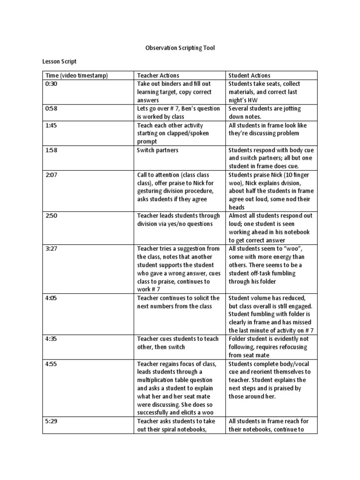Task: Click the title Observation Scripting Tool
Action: (180, 48)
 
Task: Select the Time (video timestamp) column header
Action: (77, 75)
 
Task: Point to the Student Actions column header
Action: (249, 75)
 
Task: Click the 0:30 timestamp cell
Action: (52, 83)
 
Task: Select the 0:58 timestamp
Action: (52, 109)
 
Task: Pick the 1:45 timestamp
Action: (52, 125)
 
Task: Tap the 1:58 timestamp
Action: (52, 150)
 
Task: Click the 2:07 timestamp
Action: (52, 175)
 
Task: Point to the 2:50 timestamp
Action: (52, 216)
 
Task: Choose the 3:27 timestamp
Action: (52, 248)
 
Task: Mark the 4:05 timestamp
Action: (52, 298)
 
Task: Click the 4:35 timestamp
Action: (52, 339)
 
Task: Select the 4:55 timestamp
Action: (52, 364)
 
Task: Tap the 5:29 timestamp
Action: (52, 421)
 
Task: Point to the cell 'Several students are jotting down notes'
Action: (264, 112)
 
